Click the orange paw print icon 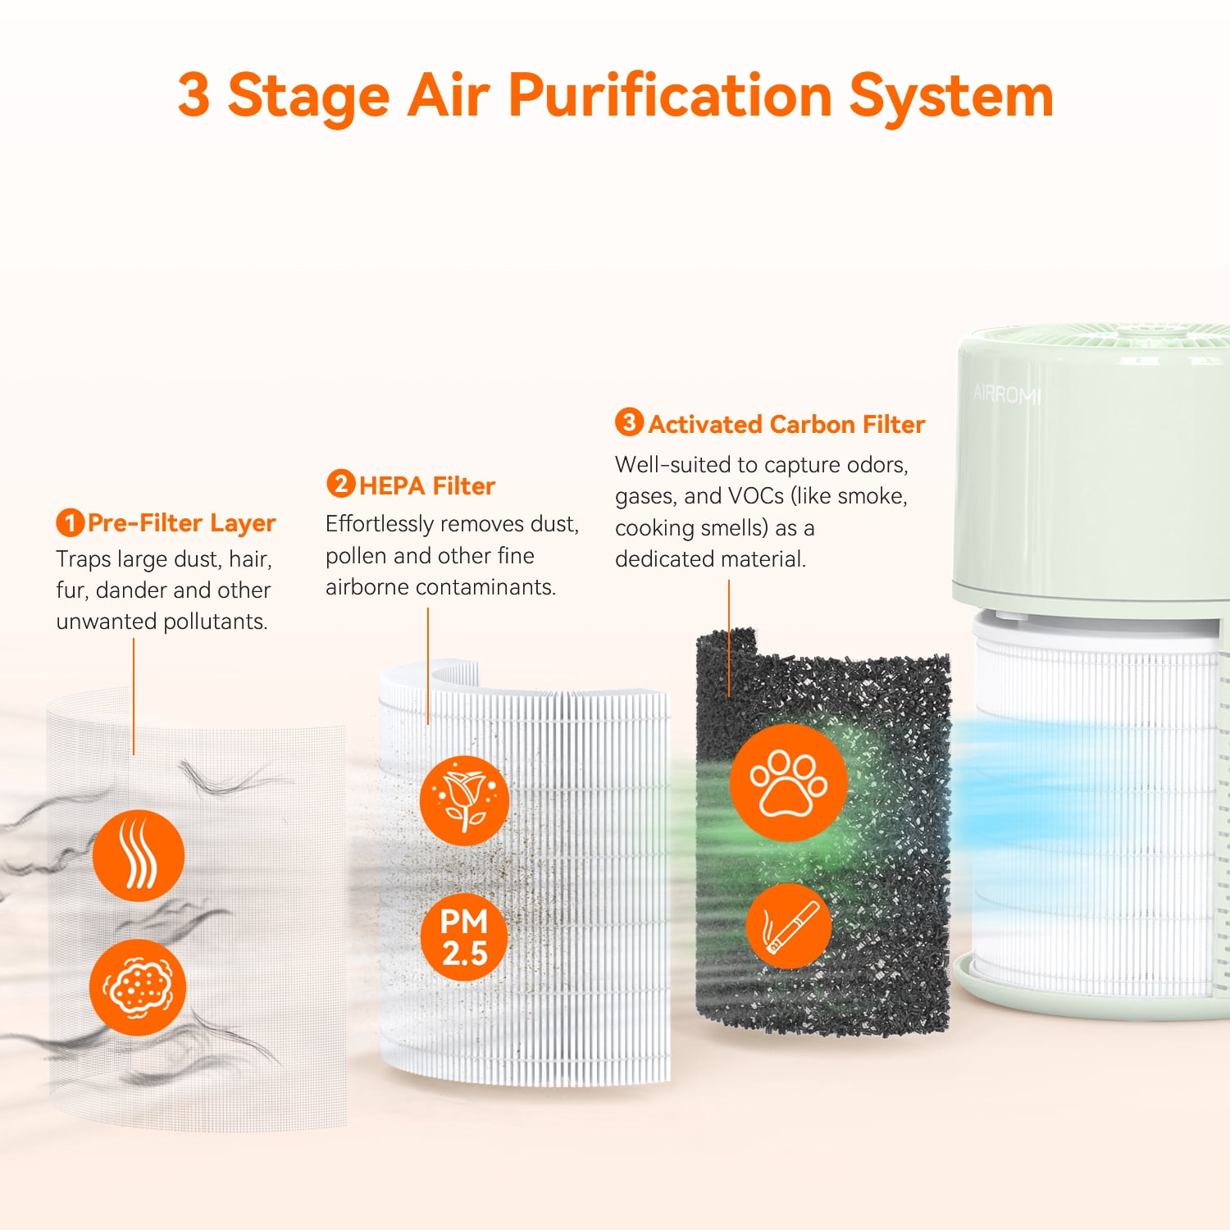click(x=788, y=782)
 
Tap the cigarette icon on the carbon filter click(x=789, y=926)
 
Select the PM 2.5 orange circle click(x=464, y=937)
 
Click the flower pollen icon click(x=464, y=800)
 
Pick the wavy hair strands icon click(x=138, y=855)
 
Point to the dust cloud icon click(x=138, y=987)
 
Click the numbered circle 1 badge click(x=71, y=522)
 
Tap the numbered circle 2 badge click(x=340, y=484)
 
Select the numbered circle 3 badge click(x=629, y=422)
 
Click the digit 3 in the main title click(x=194, y=95)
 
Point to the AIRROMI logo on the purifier click(x=1007, y=394)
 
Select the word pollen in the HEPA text click(x=357, y=557)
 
